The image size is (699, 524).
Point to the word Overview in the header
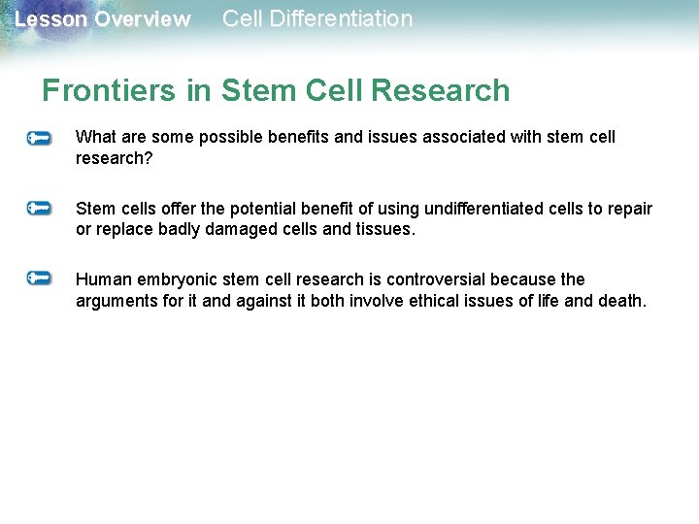point(142,19)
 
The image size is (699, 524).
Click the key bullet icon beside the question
point(40,139)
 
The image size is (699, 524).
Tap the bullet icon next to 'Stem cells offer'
point(40,208)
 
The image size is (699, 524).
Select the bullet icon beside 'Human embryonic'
point(40,278)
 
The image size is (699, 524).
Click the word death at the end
point(620,301)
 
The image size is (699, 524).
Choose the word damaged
point(239,230)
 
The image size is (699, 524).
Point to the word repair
point(628,209)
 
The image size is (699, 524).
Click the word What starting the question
point(95,137)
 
